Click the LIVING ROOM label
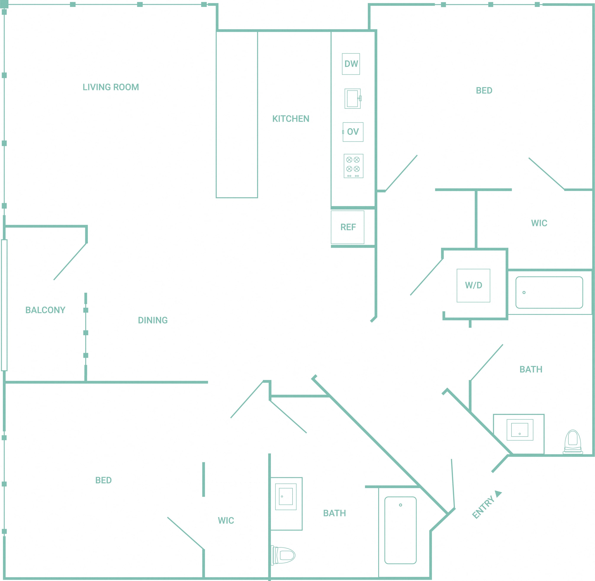tap(111, 87)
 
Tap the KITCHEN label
tap(291, 119)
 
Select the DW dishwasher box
tap(351, 64)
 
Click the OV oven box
tap(353, 132)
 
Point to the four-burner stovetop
tap(353, 166)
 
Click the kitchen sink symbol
tap(353, 99)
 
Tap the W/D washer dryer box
tap(473, 286)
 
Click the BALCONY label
tap(45, 310)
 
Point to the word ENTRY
tap(483, 507)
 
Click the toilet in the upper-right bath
tap(573, 442)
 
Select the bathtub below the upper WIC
tap(549, 293)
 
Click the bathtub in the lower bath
tap(400, 530)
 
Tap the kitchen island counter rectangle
tap(237, 114)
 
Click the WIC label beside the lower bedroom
tap(226, 521)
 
